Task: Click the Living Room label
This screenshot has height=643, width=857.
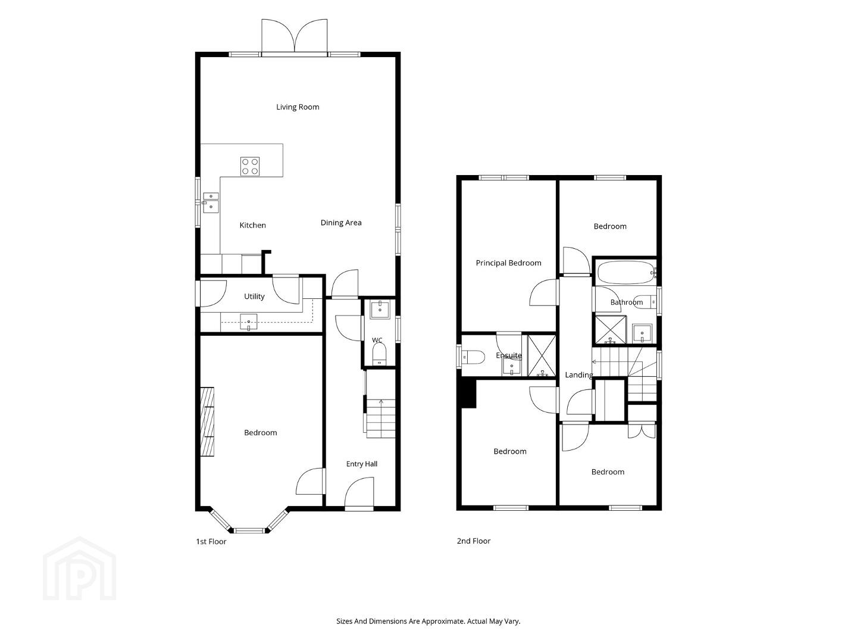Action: click(298, 107)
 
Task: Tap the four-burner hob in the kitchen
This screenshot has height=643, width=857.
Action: click(250, 166)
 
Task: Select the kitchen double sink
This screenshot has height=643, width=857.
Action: click(211, 202)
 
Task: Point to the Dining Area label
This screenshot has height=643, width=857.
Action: click(341, 223)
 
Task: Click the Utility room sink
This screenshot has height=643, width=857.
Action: click(249, 321)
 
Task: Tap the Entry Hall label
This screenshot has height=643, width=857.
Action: click(361, 464)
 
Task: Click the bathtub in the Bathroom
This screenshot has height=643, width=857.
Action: click(626, 272)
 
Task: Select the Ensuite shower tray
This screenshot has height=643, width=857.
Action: click(542, 355)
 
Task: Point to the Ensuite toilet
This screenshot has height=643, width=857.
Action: click(473, 357)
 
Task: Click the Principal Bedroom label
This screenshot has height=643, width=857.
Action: click(508, 263)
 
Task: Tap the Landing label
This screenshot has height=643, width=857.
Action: click(579, 375)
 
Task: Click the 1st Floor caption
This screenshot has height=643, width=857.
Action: click(211, 542)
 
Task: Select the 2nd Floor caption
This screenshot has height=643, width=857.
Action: click(474, 541)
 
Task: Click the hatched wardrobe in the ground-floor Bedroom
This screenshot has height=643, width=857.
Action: click(207, 422)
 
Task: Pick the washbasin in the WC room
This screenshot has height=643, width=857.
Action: click(380, 310)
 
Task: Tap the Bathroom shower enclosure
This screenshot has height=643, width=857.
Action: click(610, 329)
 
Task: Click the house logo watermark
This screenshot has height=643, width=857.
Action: click(80, 569)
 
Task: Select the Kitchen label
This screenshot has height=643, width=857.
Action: click(252, 225)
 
